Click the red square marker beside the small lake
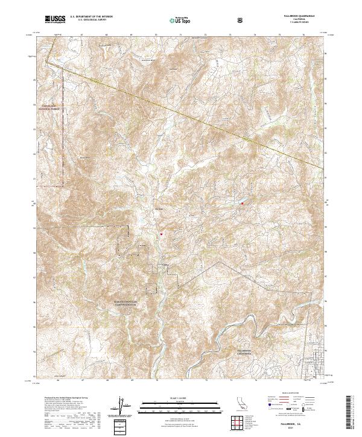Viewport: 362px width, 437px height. pos(243,203)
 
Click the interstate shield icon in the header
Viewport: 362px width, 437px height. pos(241,20)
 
